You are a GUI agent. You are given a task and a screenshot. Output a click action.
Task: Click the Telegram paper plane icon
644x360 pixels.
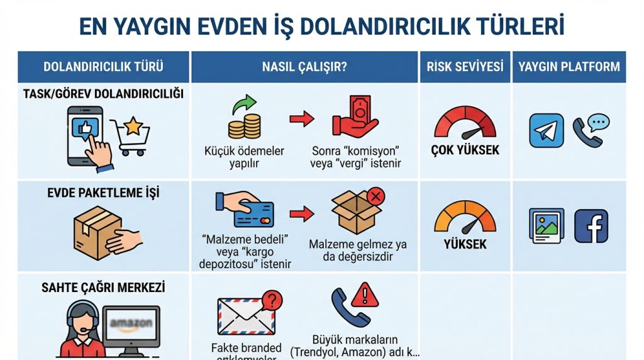click(546, 130)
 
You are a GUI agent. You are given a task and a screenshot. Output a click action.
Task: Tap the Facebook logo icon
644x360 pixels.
click(591, 226)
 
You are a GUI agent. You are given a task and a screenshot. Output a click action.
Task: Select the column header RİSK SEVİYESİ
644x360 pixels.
click(465, 67)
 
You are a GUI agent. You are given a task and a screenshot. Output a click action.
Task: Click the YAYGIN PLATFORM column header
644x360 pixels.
click(569, 67)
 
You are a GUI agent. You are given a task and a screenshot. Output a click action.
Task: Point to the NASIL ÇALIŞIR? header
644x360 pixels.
click(304, 67)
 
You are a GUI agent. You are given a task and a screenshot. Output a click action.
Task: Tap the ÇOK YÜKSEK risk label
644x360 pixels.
click(465, 150)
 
